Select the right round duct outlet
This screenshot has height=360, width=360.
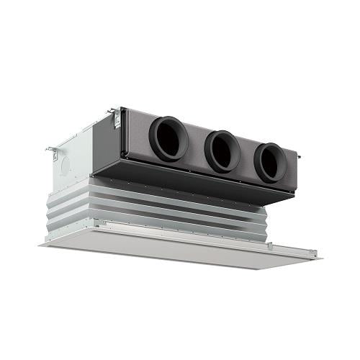tap(270, 161)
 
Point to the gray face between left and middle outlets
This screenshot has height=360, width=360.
tap(196, 148)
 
